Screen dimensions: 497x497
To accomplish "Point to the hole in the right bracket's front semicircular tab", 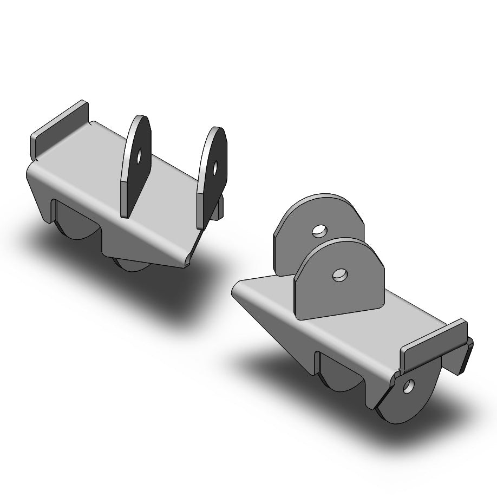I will point(339,275).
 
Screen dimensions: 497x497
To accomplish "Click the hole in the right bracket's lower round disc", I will point(409,385).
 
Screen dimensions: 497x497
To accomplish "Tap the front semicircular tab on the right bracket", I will point(338,282).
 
